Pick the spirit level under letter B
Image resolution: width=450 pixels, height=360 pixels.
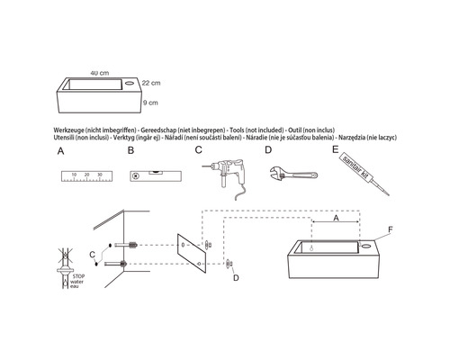pos(154,176)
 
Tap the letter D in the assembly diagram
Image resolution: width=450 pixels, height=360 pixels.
pos(236,278)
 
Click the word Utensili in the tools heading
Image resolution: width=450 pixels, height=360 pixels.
pos(68,139)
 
